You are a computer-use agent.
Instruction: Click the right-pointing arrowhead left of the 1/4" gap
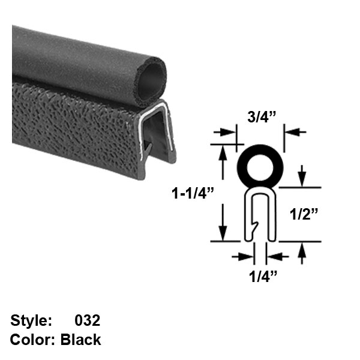(x=248, y=257)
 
